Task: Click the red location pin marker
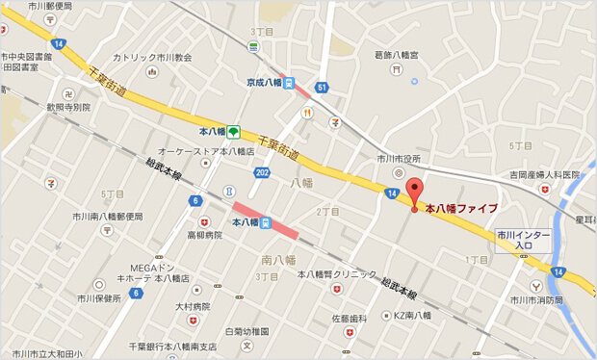tap(415, 193)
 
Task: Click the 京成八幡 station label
tap(263, 83)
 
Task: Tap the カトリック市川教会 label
tap(152, 57)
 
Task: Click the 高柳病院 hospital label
tap(203, 234)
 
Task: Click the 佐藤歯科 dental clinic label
tap(350, 318)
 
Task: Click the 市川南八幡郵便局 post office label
tap(107, 217)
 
